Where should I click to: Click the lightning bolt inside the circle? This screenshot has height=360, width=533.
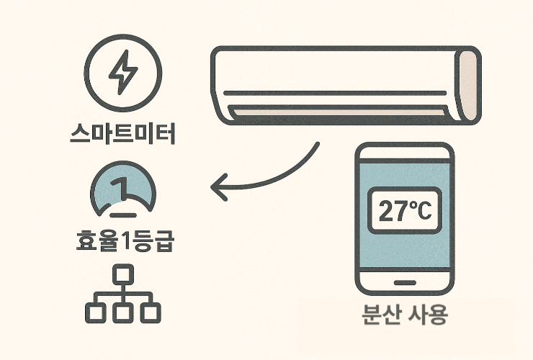[122, 73]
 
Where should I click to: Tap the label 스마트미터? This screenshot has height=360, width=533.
[124, 133]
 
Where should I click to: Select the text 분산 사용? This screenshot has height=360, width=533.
[404, 316]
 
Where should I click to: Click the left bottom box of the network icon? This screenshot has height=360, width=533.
[95, 311]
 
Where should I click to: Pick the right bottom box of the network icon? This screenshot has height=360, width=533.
[151, 311]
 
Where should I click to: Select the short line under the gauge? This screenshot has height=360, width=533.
[123, 215]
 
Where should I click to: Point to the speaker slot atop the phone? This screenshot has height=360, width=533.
[404, 153]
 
